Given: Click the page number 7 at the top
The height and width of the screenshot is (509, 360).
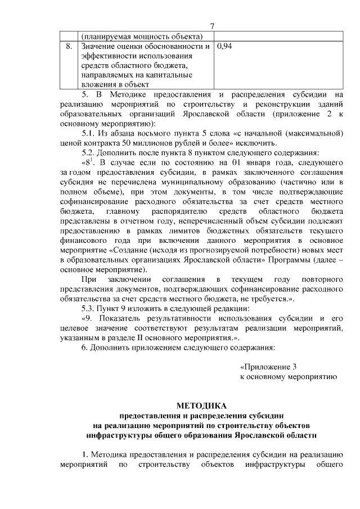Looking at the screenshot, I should (212, 26).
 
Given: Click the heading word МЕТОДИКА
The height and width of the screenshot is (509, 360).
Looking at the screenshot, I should (201, 405).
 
